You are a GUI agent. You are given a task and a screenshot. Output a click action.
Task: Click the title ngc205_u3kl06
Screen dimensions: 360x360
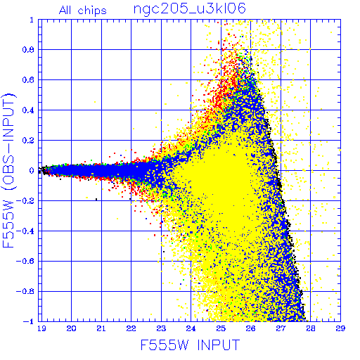pyautogui.click(x=190, y=9)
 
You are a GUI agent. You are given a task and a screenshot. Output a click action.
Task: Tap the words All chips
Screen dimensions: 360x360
pyautogui.click(x=83, y=11)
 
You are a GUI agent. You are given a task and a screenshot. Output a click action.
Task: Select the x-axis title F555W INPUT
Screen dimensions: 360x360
pyautogui.click(x=191, y=345)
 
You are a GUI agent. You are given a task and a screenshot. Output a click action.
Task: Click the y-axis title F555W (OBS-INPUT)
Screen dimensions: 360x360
pyautogui.click(x=8, y=170)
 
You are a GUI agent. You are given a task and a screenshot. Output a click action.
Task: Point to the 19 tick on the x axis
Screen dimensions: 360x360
pyautogui.click(x=41, y=328)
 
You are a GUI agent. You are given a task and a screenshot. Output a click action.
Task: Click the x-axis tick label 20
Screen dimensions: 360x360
pyautogui.click(x=71, y=328)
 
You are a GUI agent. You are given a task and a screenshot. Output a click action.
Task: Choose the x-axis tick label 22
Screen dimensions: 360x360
pyautogui.click(x=131, y=328)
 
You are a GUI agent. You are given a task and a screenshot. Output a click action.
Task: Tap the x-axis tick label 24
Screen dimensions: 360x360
pyautogui.click(x=191, y=328)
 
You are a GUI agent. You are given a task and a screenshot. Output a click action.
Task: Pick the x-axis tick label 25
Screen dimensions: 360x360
pyautogui.click(x=221, y=328)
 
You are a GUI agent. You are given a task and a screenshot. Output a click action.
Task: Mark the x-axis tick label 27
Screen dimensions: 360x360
pyautogui.click(x=281, y=328)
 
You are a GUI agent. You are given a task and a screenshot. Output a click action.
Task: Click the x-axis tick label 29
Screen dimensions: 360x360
pyautogui.click(x=340, y=328)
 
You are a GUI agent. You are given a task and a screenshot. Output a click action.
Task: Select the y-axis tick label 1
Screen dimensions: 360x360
pyautogui.click(x=32, y=20)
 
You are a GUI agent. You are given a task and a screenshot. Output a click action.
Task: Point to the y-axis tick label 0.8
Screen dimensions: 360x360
pyautogui.click(x=28, y=50)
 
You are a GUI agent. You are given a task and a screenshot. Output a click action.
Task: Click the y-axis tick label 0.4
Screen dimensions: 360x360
pyautogui.click(x=28, y=110)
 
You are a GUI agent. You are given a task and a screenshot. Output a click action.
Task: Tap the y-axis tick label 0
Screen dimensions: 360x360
pyautogui.click(x=32, y=170)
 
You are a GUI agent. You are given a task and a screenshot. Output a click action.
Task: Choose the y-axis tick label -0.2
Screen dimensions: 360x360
pyautogui.click(x=25, y=201)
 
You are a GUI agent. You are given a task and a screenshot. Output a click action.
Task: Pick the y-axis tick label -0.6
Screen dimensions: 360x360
pyautogui.click(x=25, y=261)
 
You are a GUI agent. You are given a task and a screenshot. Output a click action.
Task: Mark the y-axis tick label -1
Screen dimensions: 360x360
pyautogui.click(x=29, y=321)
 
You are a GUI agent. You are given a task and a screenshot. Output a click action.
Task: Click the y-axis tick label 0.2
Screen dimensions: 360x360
pyautogui.click(x=28, y=141)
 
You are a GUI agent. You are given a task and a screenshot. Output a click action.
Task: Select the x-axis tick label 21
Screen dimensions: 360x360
pyautogui.click(x=101, y=328)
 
